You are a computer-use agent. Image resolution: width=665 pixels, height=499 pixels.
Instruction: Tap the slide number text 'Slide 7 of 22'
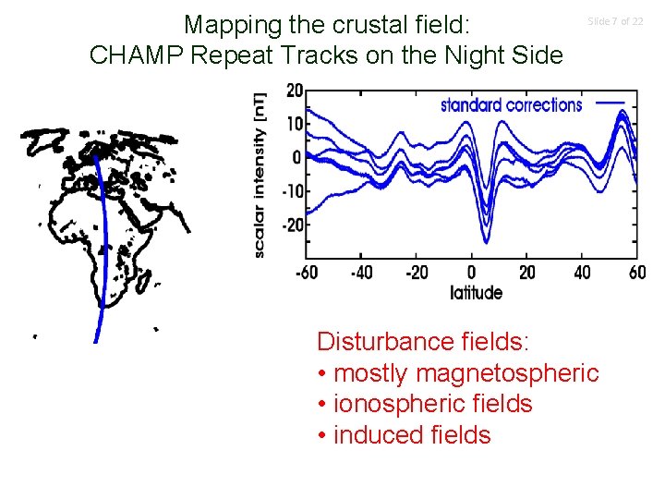tap(616, 20)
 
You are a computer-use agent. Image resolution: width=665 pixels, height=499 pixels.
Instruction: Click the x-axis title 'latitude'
tap(477, 293)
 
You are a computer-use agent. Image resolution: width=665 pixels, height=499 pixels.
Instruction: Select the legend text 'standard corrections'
tap(511, 104)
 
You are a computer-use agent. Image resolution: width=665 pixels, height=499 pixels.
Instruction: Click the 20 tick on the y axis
tap(294, 91)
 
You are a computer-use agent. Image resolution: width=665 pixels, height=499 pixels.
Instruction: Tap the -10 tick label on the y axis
tap(290, 191)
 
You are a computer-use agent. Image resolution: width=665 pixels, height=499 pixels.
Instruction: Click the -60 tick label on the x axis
tap(308, 273)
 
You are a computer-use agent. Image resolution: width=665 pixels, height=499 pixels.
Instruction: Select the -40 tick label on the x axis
tap(362, 273)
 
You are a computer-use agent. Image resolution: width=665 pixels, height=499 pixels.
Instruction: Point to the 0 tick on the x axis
tap(471, 273)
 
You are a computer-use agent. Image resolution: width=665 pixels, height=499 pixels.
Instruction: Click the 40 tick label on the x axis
tap(582, 273)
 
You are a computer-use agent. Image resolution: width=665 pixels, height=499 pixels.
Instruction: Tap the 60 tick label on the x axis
tap(635, 273)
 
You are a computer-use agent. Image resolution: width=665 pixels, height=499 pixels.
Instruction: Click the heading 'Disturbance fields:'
tap(423, 341)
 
